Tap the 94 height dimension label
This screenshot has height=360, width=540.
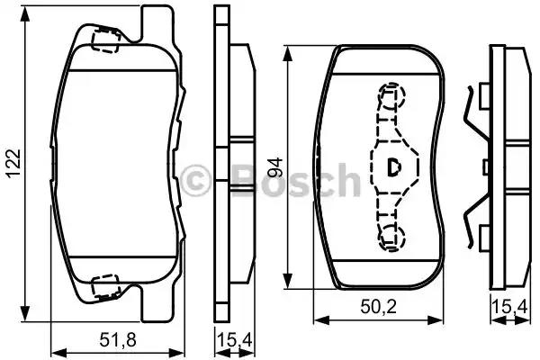(275, 166)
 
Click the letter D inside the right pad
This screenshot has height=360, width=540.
(393, 166)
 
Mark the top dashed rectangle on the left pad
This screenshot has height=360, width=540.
(107, 40)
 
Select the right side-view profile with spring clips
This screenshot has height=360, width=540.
(504, 166)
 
